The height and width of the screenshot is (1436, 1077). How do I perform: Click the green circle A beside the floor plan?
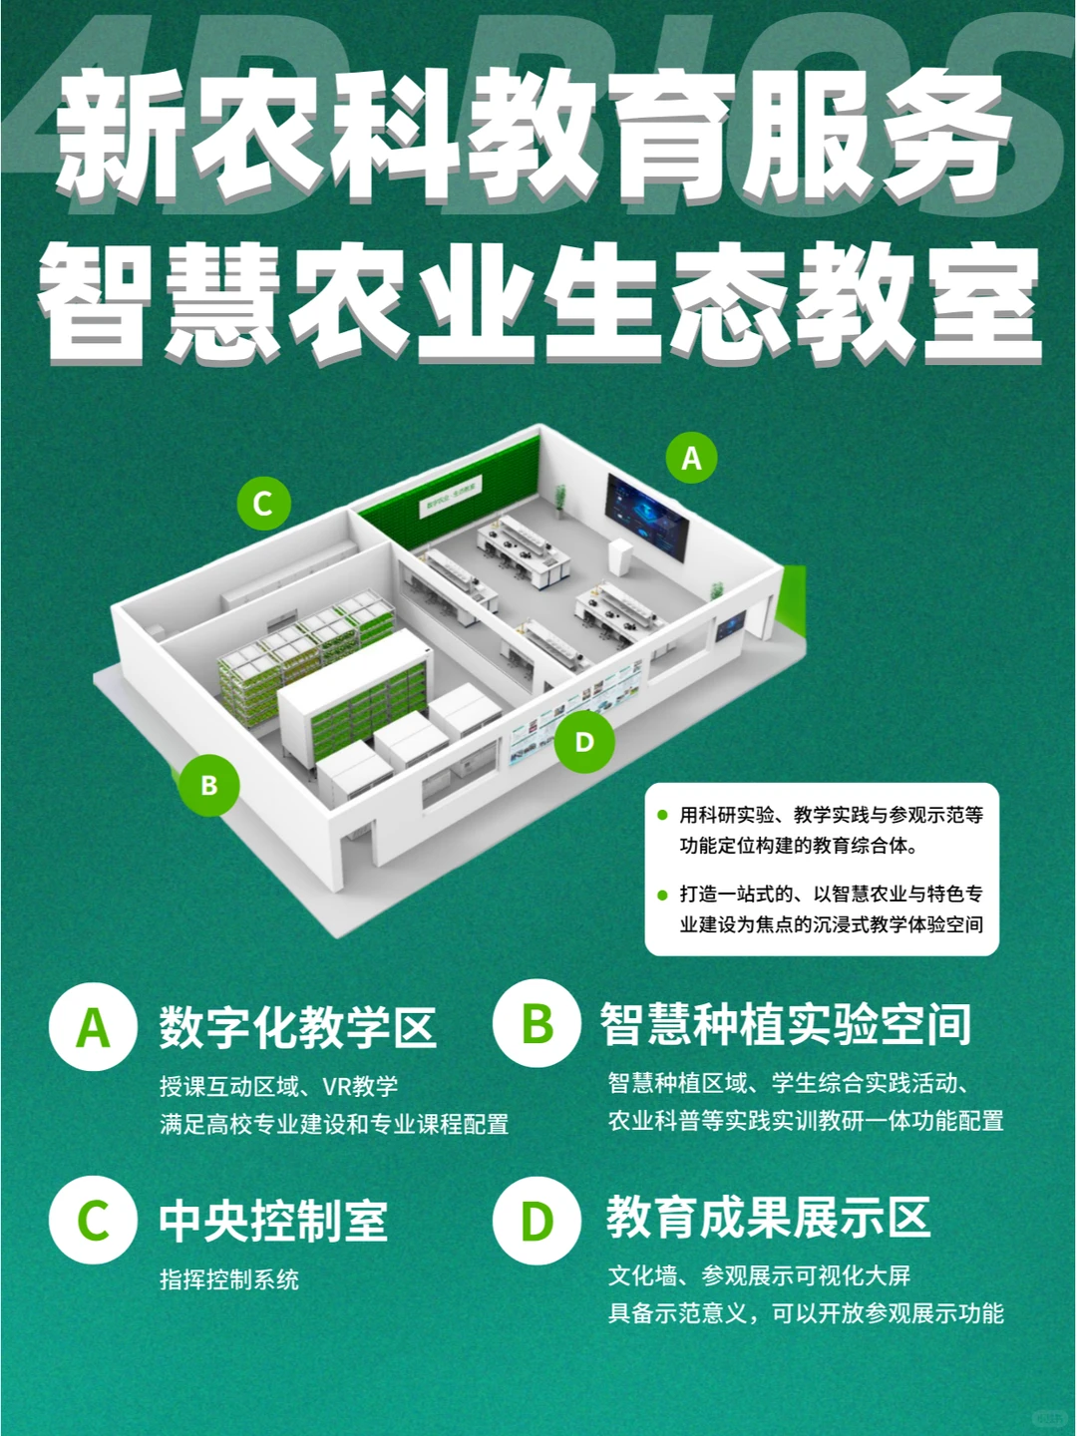691,458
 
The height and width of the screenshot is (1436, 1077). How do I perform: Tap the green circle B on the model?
208,785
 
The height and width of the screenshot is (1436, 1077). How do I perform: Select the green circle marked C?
263,503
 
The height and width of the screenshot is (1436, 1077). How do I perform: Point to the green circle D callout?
584,742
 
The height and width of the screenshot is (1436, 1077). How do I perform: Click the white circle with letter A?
93,1027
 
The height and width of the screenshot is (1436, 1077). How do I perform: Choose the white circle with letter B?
537,1024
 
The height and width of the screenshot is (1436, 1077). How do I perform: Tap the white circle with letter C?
93,1221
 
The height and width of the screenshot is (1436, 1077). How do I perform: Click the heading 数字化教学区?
297,1028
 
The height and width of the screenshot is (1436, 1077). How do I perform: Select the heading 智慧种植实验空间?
786,1024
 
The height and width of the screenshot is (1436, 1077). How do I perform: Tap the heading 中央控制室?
273,1221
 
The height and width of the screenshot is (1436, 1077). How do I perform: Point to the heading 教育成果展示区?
768,1218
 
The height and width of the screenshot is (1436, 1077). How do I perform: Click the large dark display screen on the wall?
646,517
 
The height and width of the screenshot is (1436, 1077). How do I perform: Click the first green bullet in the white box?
662,816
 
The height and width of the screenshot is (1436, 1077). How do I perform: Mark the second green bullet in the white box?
662,895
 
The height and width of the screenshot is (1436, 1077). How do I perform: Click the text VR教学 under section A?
360,1086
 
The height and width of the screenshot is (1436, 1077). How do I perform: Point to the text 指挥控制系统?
229,1279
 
